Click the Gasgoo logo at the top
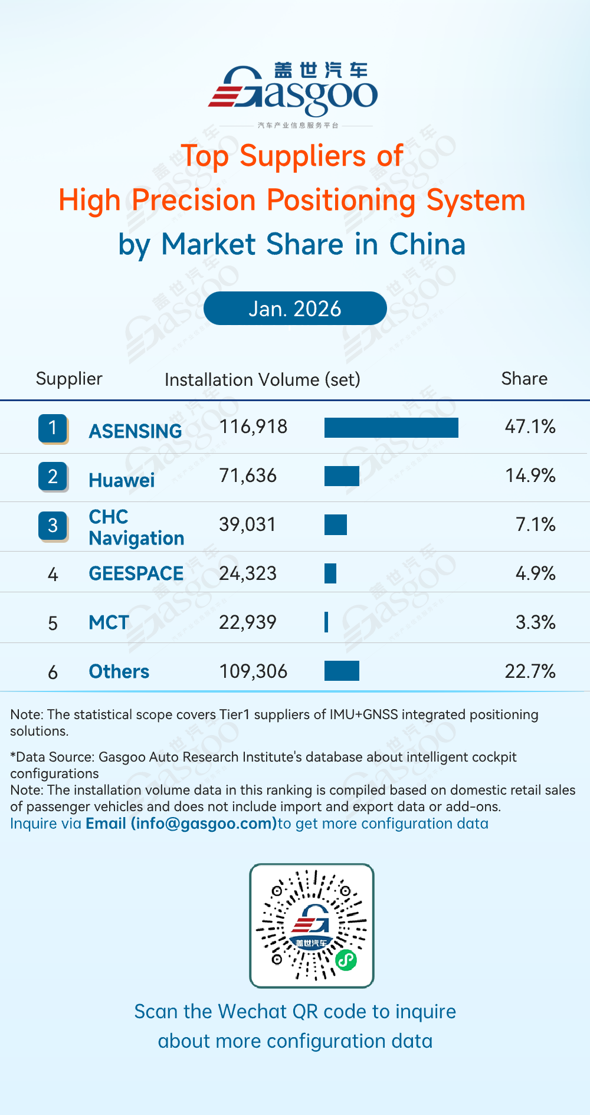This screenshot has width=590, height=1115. click(293, 91)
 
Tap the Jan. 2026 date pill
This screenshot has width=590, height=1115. click(295, 309)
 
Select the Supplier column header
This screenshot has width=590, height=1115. click(69, 379)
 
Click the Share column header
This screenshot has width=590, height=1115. click(524, 379)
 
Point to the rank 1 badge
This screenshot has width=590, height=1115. click(53, 428)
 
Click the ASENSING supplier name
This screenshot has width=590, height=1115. click(135, 431)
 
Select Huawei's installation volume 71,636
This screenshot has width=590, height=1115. click(248, 475)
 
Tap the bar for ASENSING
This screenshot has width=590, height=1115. click(391, 428)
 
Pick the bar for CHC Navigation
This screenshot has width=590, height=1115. click(336, 524)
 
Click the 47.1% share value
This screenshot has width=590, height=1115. click(530, 427)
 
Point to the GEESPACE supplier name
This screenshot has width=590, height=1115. click(136, 573)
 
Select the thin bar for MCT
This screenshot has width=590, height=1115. click(326, 622)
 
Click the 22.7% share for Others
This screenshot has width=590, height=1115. click(530, 671)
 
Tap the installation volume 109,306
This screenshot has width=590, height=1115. click(253, 671)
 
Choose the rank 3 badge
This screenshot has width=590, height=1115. click(53, 526)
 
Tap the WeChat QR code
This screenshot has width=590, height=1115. click(312, 925)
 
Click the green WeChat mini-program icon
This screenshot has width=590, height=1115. click(346, 960)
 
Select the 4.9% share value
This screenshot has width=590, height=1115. click(535, 573)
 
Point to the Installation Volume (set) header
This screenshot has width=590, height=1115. click(263, 379)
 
